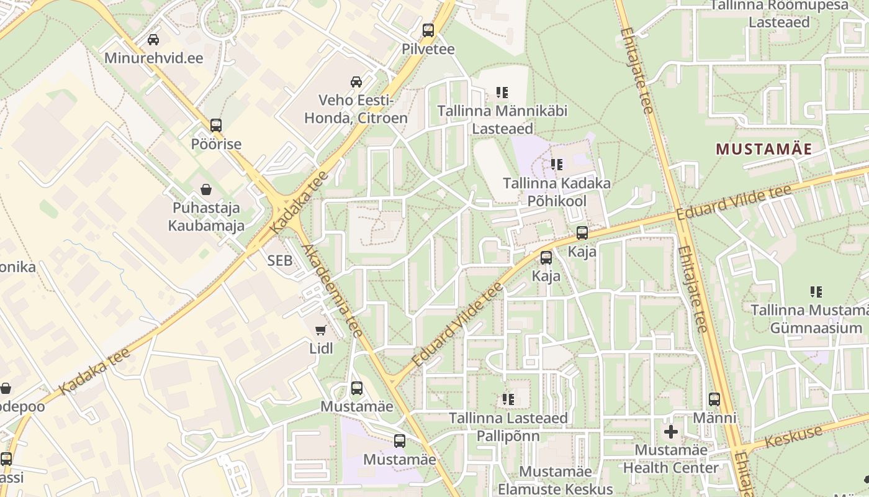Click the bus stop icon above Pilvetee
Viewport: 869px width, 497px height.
pyautogui.click(x=428, y=30)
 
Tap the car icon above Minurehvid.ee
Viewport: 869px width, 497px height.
pyautogui.click(x=153, y=40)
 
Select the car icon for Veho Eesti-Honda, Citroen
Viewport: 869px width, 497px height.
pyautogui.click(x=356, y=81)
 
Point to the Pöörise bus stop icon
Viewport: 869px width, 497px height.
pyautogui.click(x=216, y=125)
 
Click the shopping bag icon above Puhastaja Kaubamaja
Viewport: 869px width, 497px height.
pyautogui.click(x=206, y=189)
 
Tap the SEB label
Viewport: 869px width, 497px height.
pyautogui.click(x=279, y=261)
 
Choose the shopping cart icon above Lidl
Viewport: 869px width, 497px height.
pyautogui.click(x=321, y=330)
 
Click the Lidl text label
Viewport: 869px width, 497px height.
pyautogui.click(x=321, y=349)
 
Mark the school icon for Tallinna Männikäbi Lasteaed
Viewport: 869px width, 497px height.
pyautogui.click(x=502, y=93)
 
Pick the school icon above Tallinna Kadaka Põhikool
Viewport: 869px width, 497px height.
pyautogui.click(x=557, y=165)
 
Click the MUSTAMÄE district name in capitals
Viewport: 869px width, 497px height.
pyautogui.click(x=764, y=149)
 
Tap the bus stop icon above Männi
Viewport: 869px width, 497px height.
pyautogui.click(x=714, y=399)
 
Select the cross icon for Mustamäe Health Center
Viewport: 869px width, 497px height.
pyautogui.click(x=671, y=431)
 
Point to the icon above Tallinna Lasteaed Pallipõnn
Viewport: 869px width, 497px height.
pyautogui.click(x=508, y=399)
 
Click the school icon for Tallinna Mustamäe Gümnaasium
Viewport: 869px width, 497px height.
pyautogui.click(x=816, y=291)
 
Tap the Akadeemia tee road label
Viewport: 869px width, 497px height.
pyautogui.click(x=332, y=291)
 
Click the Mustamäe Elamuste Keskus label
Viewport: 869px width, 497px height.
pyautogui.click(x=555, y=481)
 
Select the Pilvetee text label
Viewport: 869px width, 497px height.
pyautogui.click(x=428, y=49)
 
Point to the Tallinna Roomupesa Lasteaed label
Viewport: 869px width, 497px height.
pyautogui.click(x=779, y=14)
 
